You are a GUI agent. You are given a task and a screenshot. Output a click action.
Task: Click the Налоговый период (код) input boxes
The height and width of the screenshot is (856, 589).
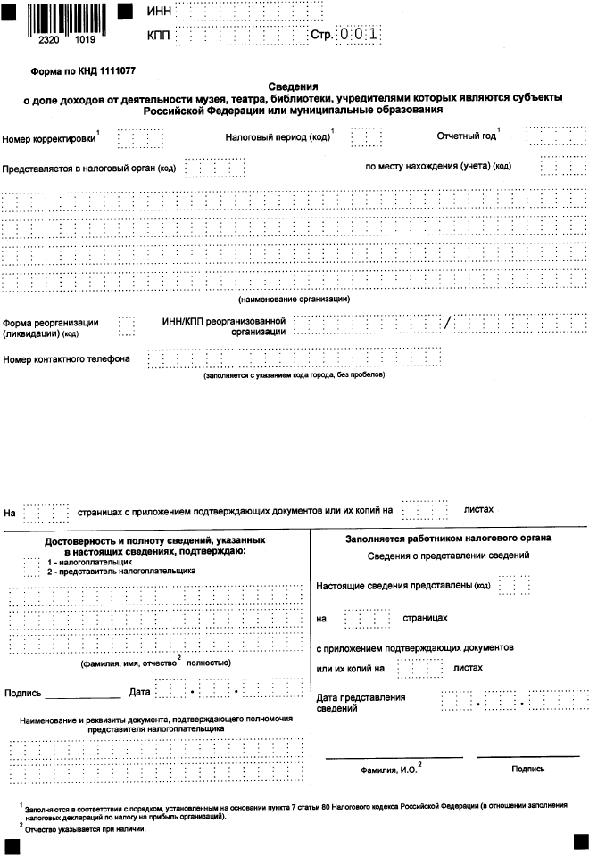[x=366, y=138]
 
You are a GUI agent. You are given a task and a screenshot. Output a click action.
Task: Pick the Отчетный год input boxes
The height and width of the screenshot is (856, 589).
[x=554, y=138]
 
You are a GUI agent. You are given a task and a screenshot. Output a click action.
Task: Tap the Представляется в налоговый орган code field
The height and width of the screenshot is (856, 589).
[x=214, y=168]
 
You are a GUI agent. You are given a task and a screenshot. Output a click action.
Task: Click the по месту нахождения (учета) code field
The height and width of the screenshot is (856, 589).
[x=560, y=167]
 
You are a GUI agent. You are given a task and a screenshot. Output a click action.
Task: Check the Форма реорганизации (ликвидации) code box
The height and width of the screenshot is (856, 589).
[x=127, y=326]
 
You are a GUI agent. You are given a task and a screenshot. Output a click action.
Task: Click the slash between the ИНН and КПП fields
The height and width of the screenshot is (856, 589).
[x=446, y=323]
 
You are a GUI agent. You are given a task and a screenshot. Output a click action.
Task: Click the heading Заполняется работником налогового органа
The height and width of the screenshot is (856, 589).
[x=448, y=539]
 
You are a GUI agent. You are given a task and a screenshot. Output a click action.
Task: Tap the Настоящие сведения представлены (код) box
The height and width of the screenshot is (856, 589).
[x=515, y=585]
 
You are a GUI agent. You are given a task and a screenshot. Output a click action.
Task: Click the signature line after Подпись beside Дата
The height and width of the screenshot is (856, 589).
[x=82, y=694]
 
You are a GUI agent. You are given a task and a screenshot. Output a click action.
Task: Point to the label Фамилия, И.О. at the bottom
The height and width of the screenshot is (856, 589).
[x=391, y=768]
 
